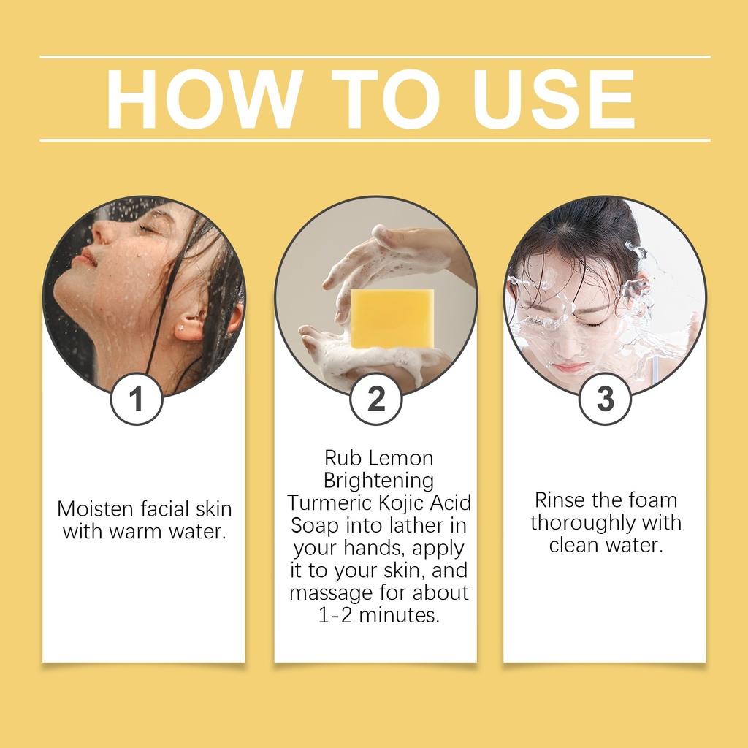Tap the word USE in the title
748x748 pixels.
click(554, 99)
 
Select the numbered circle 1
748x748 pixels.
click(137, 399)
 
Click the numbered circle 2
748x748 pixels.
click(376, 399)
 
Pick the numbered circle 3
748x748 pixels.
click(605, 399)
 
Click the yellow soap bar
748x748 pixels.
click(392, 318)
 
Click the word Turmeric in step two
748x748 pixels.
click(329, 503)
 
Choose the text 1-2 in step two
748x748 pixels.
click(335, 615)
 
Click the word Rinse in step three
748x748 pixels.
click(560, 500)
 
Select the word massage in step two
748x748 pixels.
click(331, 593)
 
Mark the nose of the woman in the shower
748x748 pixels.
click(98, 233)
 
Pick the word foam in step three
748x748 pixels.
click(653, 500)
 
